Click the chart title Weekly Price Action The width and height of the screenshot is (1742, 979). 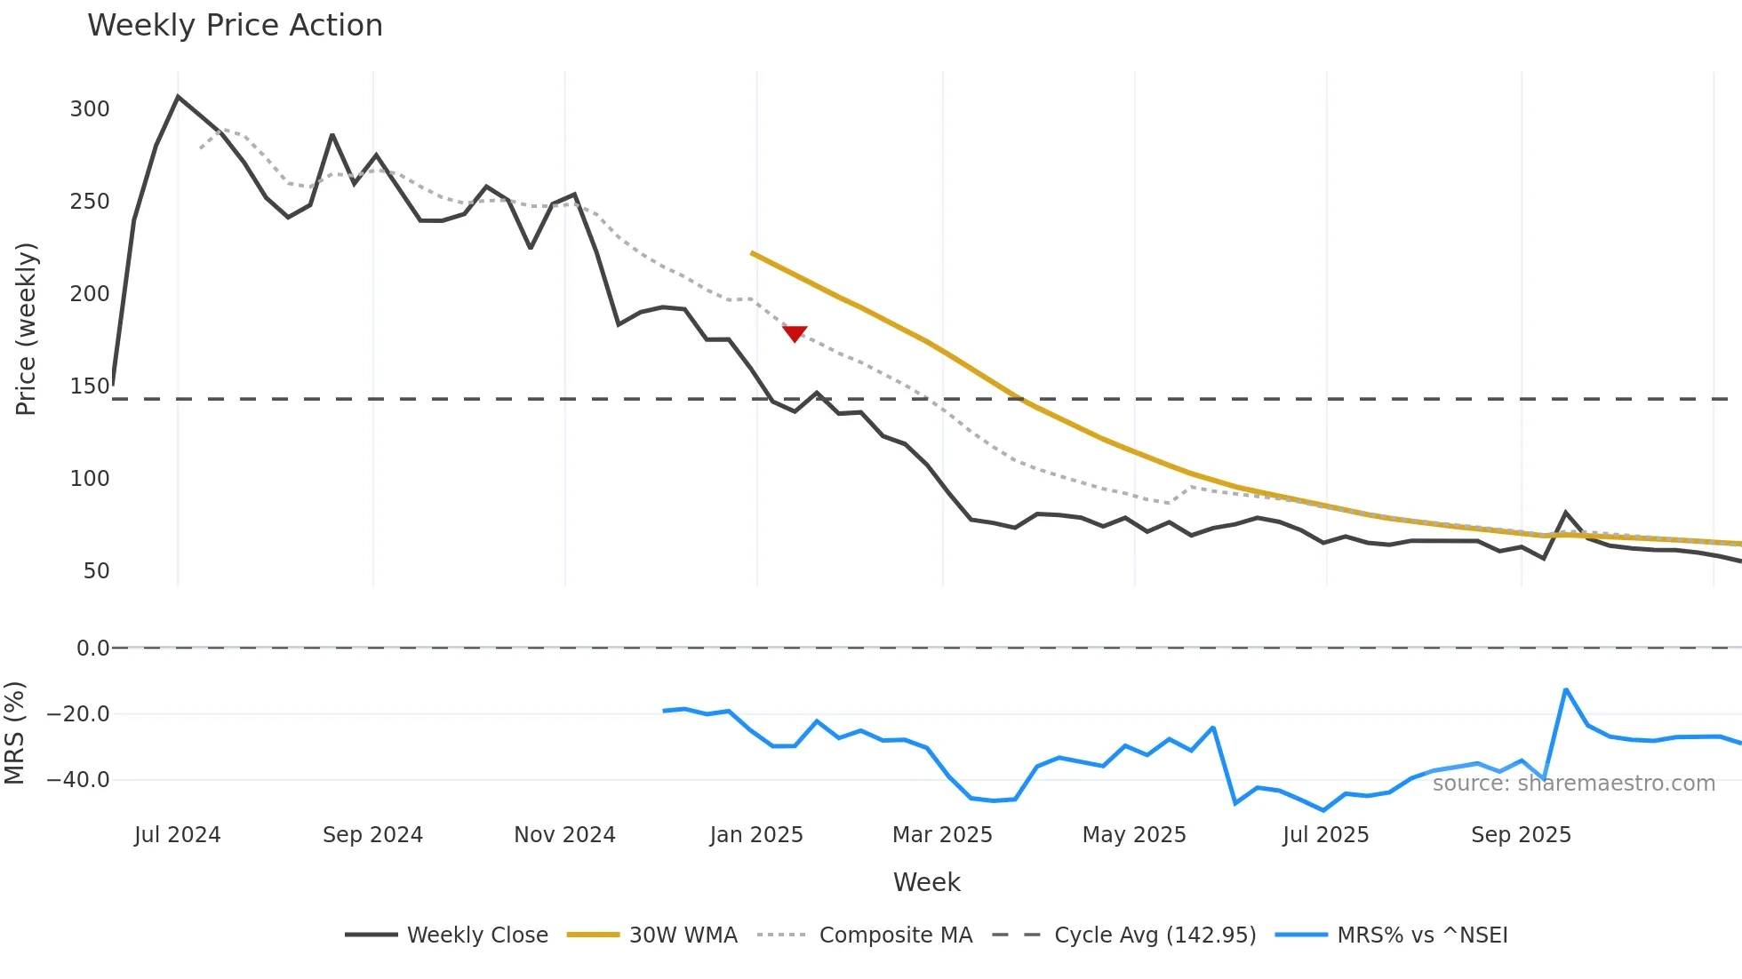(x=235, y=26)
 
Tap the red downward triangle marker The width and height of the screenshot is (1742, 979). (x=795, y=333)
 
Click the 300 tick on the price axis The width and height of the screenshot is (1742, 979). (x=90, y=109)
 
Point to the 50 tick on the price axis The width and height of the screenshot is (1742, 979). (x=96, y=571)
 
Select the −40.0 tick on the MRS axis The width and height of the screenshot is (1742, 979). (x=78, y=780)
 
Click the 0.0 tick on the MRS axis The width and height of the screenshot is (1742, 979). (x=92, y=649)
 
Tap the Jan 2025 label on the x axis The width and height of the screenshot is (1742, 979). (x=756, y=835)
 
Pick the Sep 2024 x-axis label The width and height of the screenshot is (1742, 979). (x=372, y=835)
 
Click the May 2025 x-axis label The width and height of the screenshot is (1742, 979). (x=1134, y=835)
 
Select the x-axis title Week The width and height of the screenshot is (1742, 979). (x=926, y=882)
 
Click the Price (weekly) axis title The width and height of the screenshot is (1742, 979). (x=26, y=329)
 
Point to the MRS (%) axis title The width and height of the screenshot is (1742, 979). (x=14, y=733)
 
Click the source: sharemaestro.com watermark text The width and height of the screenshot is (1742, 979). (x=1573, y=784)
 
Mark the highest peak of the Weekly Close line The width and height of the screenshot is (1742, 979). (x=178, y=96)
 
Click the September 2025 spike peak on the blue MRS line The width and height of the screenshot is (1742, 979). (x=1565, y=689)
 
